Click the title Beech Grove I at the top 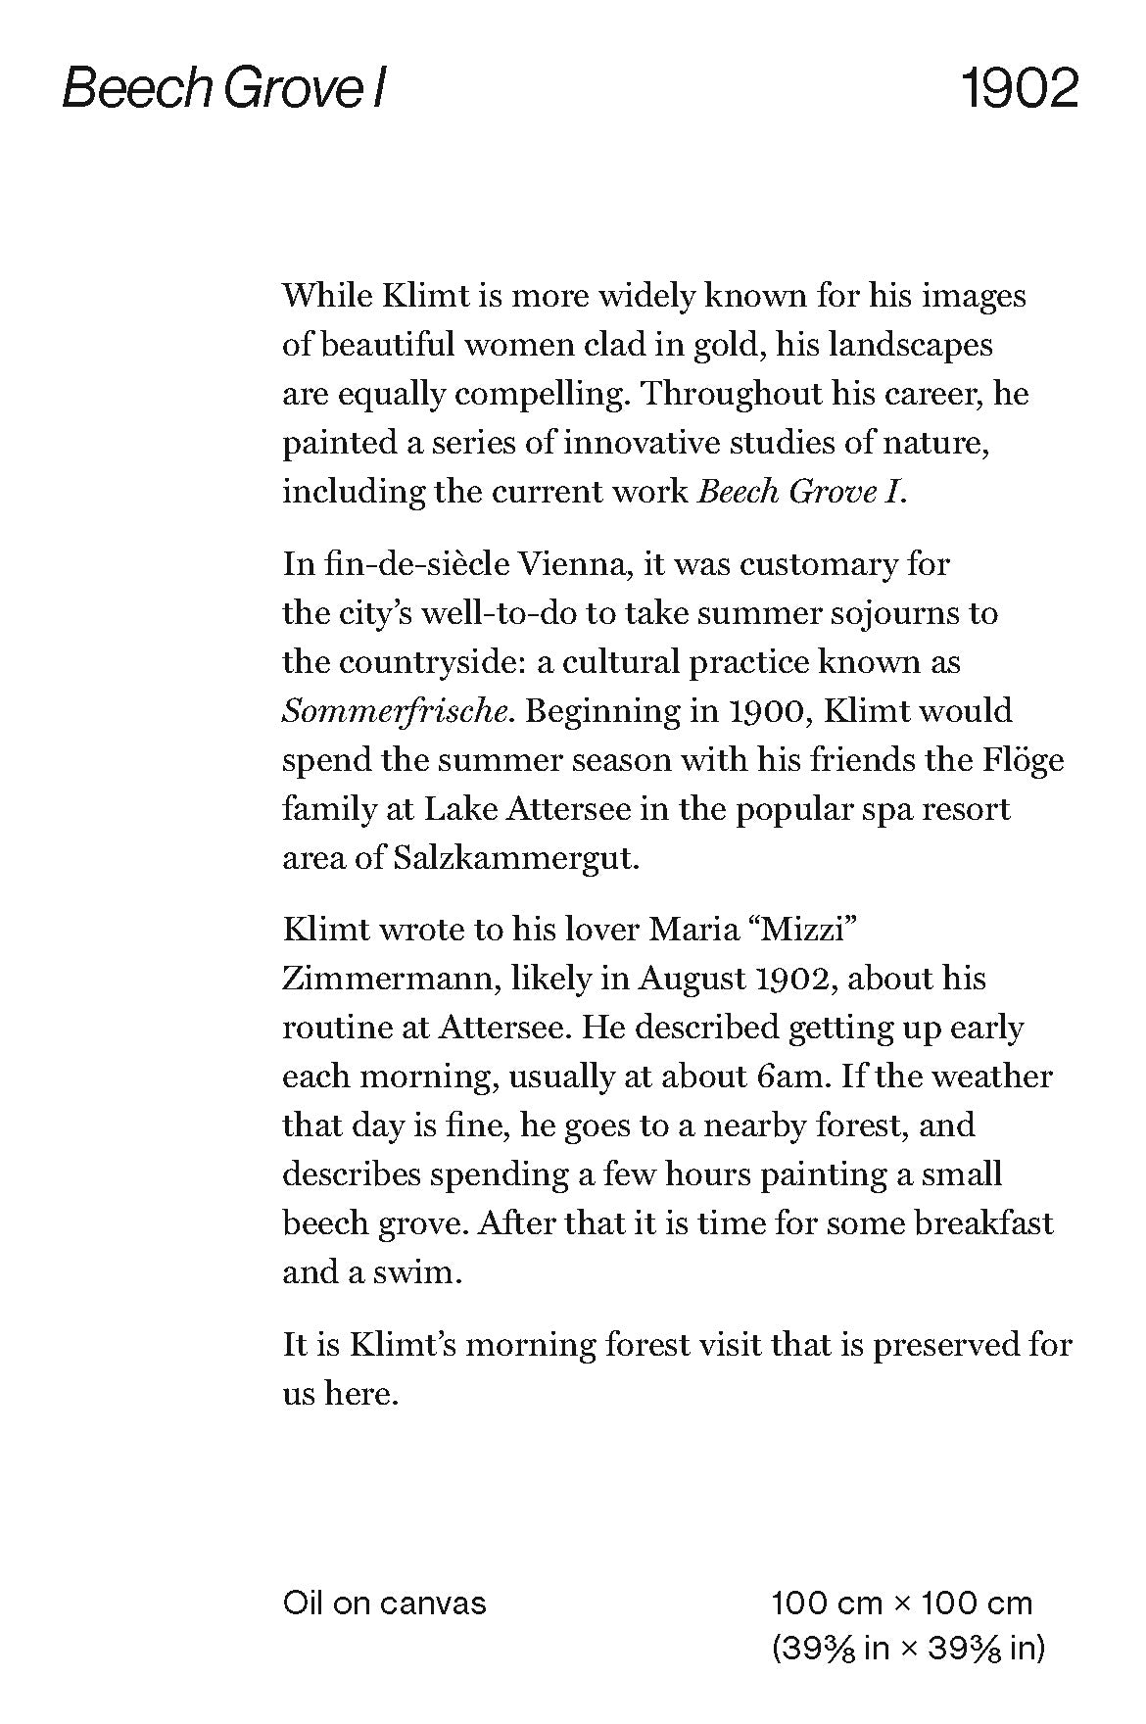pyautogui.click(x=224, y=89)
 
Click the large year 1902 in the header pyautogui.click(x=1019, y=89)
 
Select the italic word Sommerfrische pyautogui.click(x=398, y=711)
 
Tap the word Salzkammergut pyautogui.click(x=516, y=858)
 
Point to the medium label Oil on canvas pyautogui.click(x=384, y=1604)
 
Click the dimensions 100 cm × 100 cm pyautogui.click(x=901, y=1604)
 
